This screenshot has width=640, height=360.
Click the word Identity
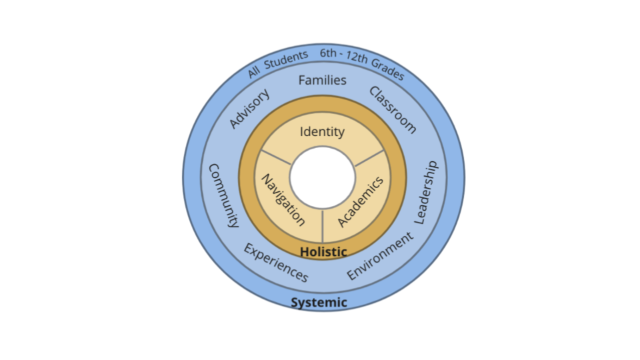[322, 132]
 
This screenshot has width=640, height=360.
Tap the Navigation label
[283, 200]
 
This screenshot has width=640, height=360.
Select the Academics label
[361, 201]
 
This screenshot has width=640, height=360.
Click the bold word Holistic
[323, 252]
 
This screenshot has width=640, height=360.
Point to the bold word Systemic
[319, 303]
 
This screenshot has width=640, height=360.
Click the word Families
[322, 80]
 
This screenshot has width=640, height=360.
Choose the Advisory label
[249, 108]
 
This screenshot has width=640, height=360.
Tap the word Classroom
[393, 110]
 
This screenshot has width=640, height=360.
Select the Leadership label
[427, 193]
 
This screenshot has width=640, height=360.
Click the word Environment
[380, 256]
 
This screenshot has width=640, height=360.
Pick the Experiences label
[276, 263]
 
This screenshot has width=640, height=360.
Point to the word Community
[223, 195]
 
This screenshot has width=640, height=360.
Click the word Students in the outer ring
[286, 59]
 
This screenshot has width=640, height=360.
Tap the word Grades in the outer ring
[388, 69]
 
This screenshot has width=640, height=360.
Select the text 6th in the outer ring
[328, 53]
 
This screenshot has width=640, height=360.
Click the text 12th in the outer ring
[357, 57]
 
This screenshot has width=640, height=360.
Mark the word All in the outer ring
[253, 72]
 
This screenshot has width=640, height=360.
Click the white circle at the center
[323, 177]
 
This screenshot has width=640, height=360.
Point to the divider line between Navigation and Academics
[323, 226]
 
